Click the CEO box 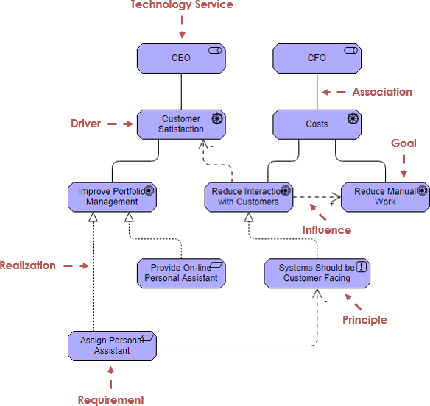coord(181,58)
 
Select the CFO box coord(317,58)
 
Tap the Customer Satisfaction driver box coord(181,124)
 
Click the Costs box coord(317,124)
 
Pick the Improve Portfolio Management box coord(112,197)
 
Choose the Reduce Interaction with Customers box coord(248,197)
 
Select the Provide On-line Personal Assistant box coord(181,273)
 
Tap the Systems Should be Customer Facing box coord(317,273)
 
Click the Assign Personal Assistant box coord(112,346)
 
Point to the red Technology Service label coord(182,5)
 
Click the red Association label coord(382,92)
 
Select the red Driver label coord(85,124)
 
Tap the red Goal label coord(403,143)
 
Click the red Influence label coord(327,230)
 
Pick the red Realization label coord(28,266)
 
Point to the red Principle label coord(364,320)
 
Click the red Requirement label coord(111,400)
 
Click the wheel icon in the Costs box coord(353,118)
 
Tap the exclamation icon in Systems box coord(362,268)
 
